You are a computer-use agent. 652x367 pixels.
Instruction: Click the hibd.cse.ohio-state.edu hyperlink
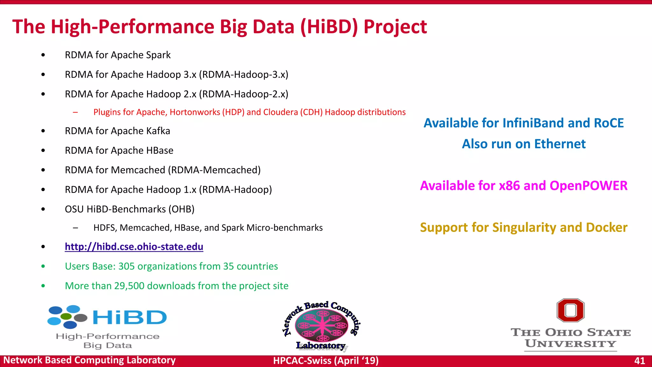click(x=134, y=247)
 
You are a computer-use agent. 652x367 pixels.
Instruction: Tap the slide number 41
click(x=639, y=361)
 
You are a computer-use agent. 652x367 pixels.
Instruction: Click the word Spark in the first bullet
click(x=158, y=55)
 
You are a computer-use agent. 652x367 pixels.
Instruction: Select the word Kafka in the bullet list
click(x=158, y=131)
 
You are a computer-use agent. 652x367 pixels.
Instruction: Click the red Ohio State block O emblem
click(x=570, y=310)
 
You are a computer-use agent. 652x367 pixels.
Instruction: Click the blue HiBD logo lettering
click(x=130, y=317)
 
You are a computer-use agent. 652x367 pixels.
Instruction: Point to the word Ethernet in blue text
click(x=560, y=144)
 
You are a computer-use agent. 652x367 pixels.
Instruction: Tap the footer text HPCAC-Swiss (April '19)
click(x=326, y=361)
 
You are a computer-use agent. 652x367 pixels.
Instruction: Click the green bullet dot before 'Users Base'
click(x=43, y=266)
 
